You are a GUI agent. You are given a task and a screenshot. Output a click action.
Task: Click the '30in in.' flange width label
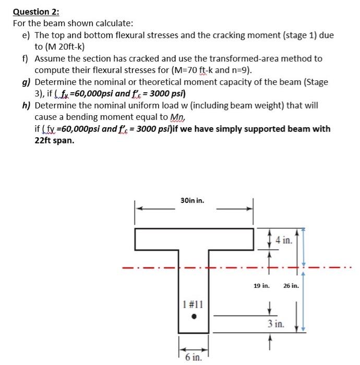(x=193, y=200)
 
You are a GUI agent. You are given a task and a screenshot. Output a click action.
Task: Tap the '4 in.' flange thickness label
(x=284, y=240)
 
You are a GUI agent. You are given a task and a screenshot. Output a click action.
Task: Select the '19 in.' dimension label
(x=261, y=286)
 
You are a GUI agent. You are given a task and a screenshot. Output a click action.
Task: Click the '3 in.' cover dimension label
(x=277, y=324)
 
